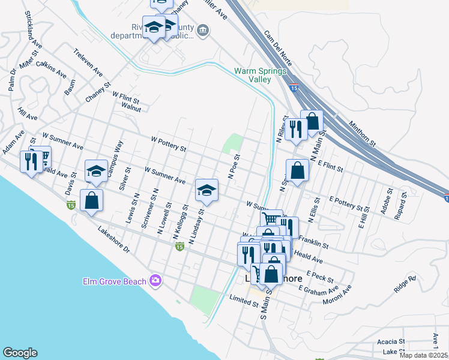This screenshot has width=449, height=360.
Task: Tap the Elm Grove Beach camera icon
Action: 156,280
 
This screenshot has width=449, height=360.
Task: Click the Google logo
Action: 20,353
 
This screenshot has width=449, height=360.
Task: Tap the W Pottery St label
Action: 169,143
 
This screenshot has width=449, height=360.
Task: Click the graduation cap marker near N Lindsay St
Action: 206,190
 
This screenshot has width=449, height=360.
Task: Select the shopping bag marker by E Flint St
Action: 298,170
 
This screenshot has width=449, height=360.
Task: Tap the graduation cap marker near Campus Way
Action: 96,172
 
